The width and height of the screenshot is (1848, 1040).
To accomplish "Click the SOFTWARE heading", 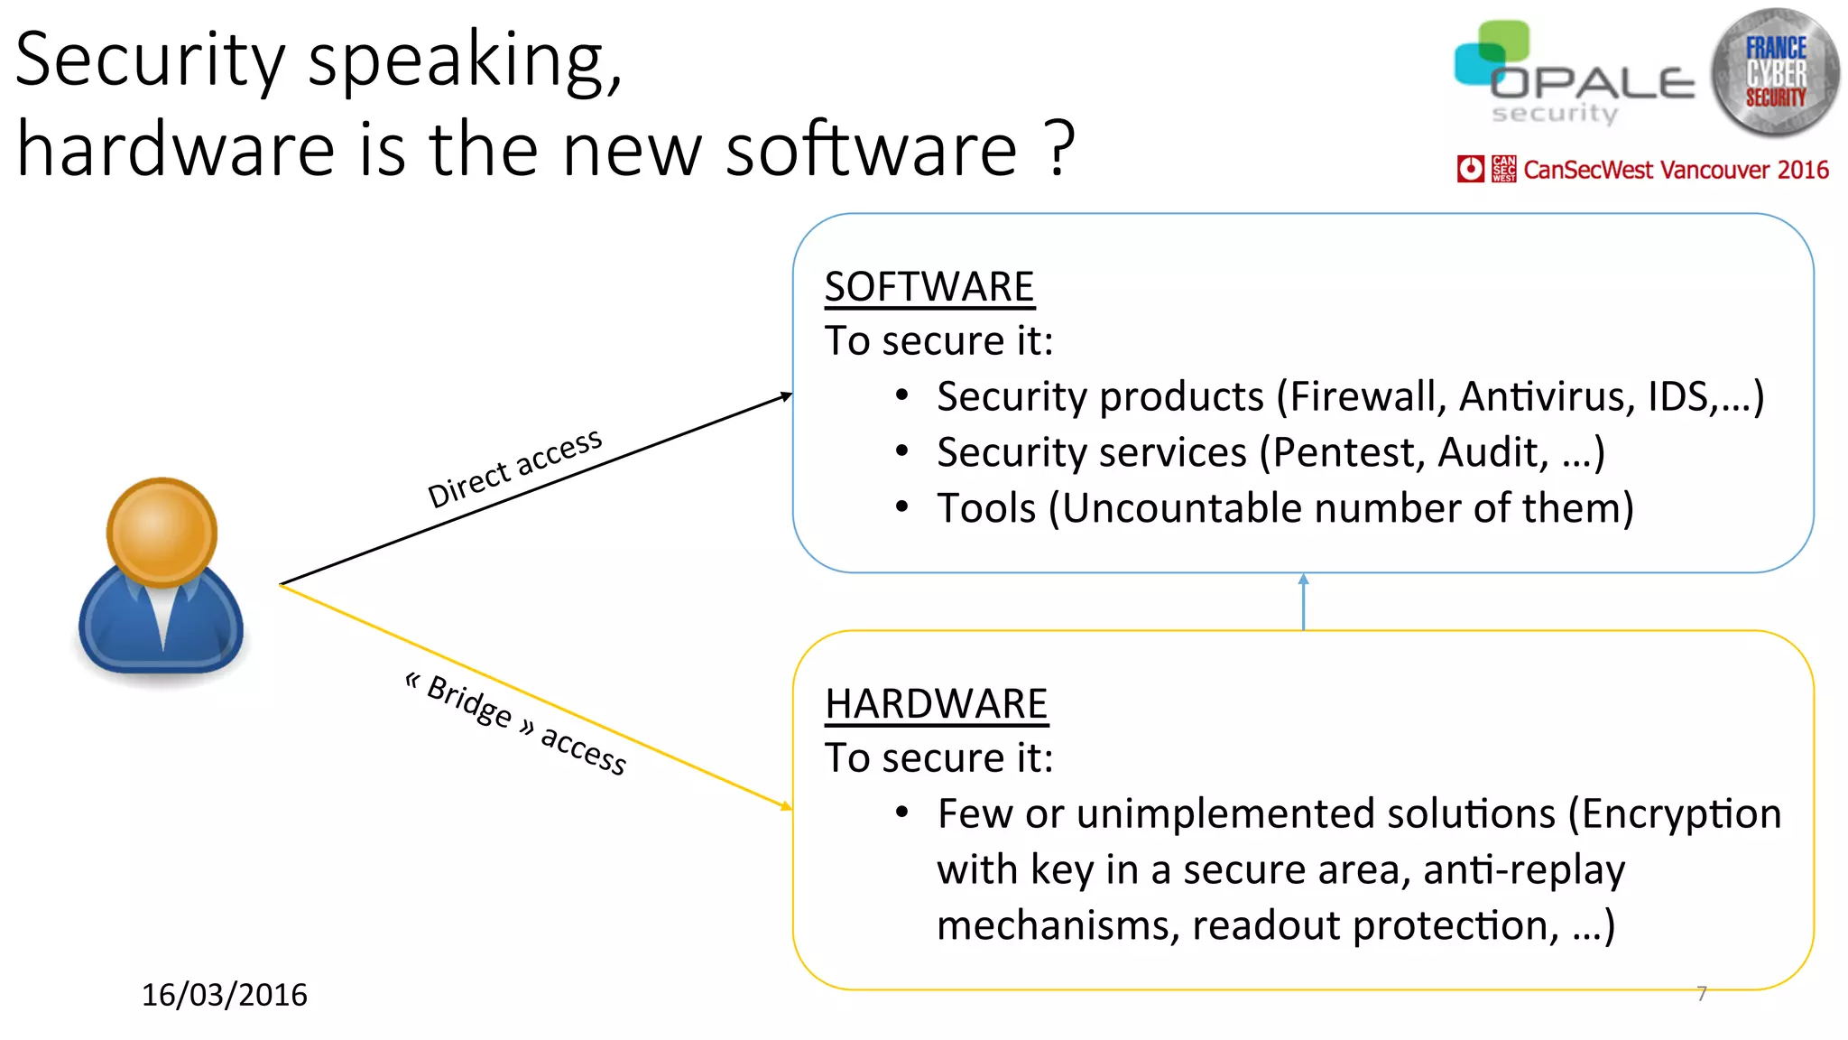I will pos(929,287).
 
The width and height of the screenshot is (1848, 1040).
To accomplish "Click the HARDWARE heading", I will pos(936,704).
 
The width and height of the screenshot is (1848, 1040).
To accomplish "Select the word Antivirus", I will pos(1547,397).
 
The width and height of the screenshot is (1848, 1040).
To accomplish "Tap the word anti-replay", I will pos(1524,870).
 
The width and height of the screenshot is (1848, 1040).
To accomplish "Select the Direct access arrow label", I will pos(514,468).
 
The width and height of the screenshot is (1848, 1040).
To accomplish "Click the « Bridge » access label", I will pos(515,723).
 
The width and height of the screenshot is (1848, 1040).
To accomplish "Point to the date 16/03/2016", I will pos(225,995).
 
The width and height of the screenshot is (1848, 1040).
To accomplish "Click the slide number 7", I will pos(1702,994).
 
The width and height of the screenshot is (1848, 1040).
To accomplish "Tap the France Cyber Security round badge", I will pos(1775,72).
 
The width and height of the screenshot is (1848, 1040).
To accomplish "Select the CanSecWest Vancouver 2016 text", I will pos(1676,170).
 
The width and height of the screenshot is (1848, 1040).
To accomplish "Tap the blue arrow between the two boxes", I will pos(1303,601).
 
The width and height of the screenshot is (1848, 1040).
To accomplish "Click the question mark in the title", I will pos(1061,149).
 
